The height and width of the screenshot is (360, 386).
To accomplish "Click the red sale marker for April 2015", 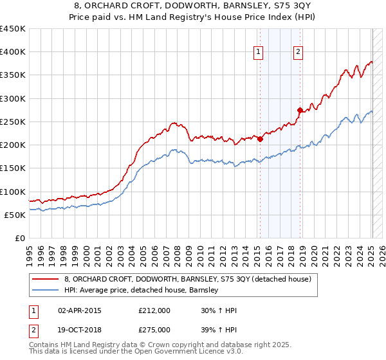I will [x=261, y=139].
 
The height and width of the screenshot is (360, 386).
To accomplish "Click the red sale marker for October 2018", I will [x=300, y=110].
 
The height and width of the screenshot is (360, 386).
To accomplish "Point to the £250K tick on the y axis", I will [x=13, y=122].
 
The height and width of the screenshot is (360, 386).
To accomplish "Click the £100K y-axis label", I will [x=13, y=192].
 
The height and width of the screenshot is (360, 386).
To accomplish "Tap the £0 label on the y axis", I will [x=19, y=239].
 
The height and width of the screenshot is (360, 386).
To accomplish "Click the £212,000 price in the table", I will [x=154, y=310].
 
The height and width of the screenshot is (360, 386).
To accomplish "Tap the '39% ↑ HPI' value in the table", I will [x=219, y=329].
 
